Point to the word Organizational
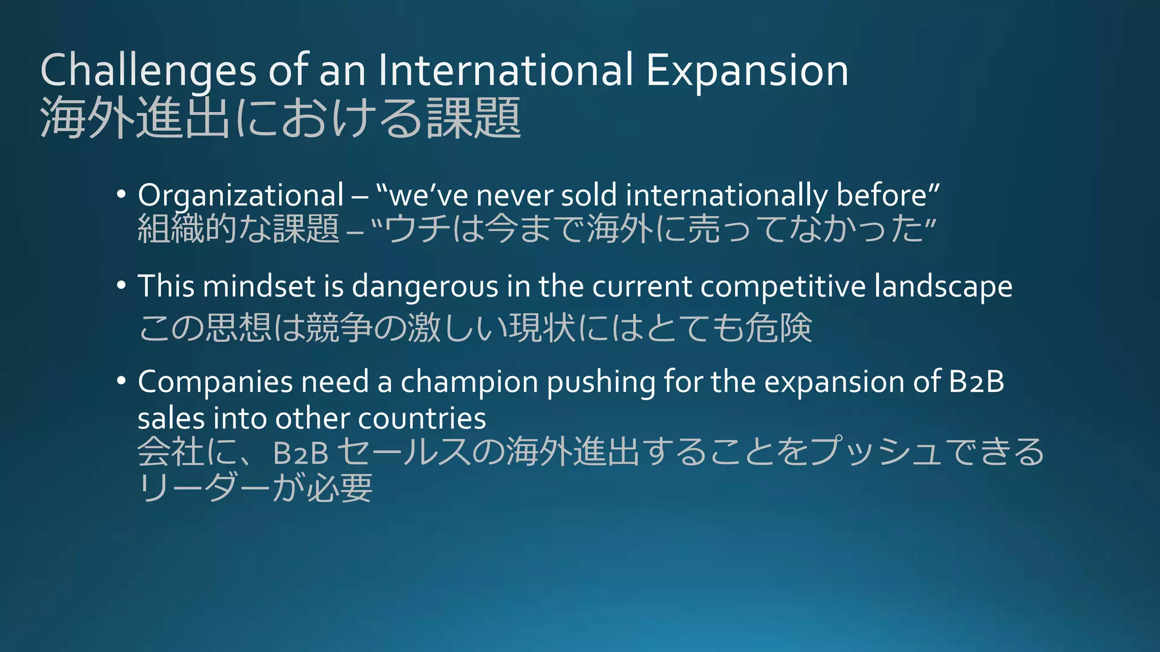(x=241, y=196)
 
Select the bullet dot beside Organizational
(x=121, y=195)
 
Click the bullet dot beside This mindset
(x=121, y=285)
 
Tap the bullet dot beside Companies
(x=121, y=381)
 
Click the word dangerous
(x=425, y=287)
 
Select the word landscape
(x=942, y=287)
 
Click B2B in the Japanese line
(x=301, y=453)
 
